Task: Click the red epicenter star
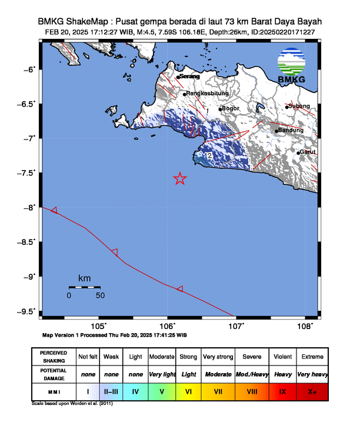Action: click(180, 179)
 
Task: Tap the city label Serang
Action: click(189, 77)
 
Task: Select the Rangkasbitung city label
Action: click(207, 94)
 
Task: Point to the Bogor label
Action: click(230, 109)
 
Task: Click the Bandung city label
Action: click(291, 130)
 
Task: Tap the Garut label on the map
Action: click(308, 152)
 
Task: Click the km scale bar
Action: click(84, 287)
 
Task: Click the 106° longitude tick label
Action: click(167, 325)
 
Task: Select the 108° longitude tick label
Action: click(305, 325)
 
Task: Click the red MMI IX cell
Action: click(284, 390)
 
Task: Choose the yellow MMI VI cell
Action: click(188, 390)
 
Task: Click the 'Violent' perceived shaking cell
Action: click(284, 357)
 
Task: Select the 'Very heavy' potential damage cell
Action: click(312, 373)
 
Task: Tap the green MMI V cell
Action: click(162, 390)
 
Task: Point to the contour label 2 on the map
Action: click(209, 156)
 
